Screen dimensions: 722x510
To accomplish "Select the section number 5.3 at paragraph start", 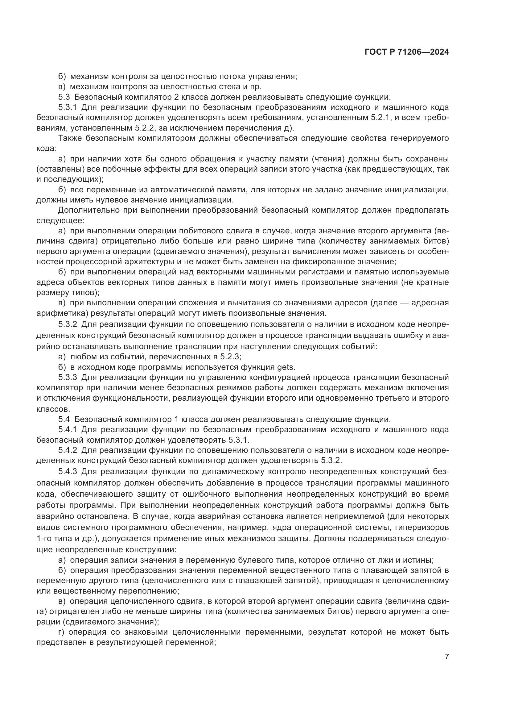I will pyautogui.click(x=64, y=97).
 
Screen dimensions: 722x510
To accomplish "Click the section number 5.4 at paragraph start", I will pyautogui.click(x=64, y=419).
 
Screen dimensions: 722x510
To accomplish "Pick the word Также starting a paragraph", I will pyautogui.click(x=70, y=138).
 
